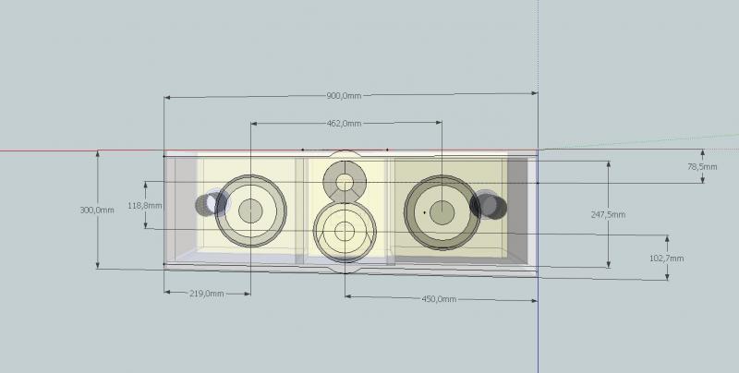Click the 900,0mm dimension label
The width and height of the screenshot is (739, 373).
point(344,96)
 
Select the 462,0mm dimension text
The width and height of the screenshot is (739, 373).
point(344,124)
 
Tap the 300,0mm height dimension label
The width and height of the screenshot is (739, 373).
point(97,211)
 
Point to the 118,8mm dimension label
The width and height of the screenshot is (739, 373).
point(145,206)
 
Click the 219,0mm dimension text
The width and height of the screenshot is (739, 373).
point(207,294)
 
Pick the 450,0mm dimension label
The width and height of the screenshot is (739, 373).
point(439,299)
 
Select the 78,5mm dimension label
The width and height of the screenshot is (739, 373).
point(702,167)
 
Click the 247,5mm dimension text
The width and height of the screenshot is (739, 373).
point(608,215)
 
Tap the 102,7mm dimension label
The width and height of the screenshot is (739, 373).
point(666,259)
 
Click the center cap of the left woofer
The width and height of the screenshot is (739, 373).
point(250,211)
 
